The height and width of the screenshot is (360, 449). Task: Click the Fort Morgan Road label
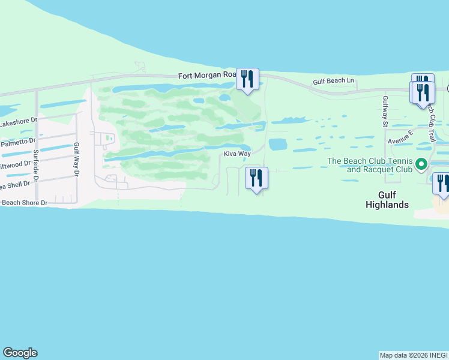[208, 75]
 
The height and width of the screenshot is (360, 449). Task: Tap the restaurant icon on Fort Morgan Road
[247, 79]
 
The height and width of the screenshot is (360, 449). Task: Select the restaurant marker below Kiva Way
[256, 178]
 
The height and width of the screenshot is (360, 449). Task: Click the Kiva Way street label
[237, 154]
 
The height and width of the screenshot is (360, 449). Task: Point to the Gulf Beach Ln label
[334, 81]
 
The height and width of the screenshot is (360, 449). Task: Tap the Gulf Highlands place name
[387, 200]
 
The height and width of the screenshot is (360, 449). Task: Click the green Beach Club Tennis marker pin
[421, 164]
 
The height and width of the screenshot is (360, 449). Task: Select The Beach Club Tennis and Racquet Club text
[369, 165]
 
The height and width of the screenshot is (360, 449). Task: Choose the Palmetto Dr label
[18, 143]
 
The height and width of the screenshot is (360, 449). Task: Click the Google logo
[20, 353]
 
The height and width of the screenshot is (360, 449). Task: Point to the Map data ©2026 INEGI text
[414, 355]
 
